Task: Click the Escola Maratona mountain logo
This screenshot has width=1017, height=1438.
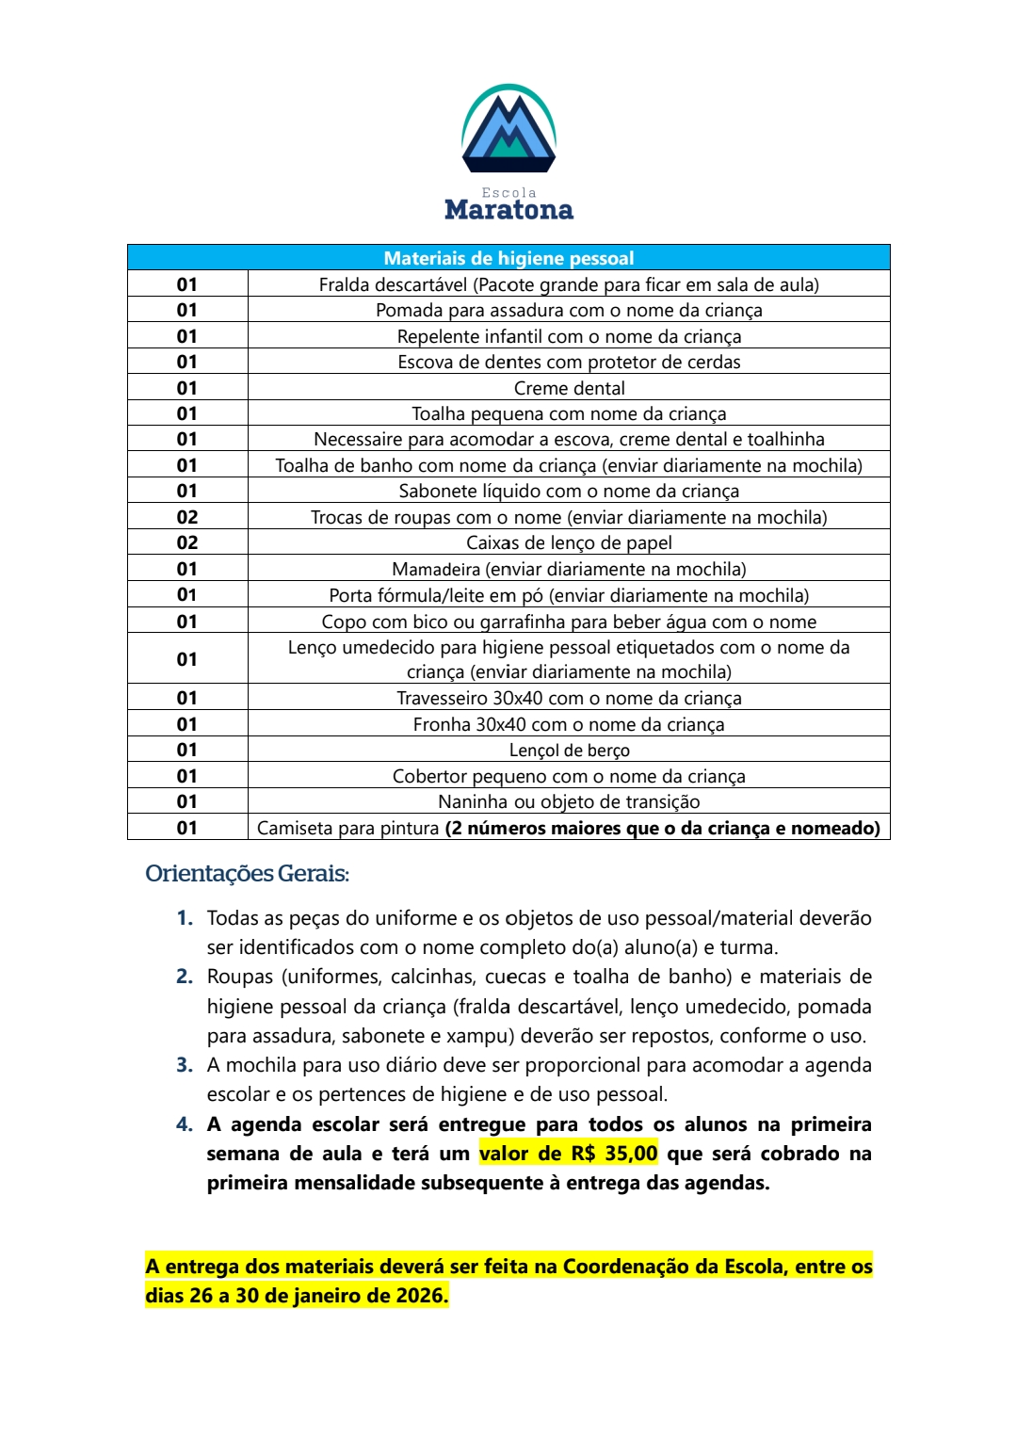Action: [x=508, y=129]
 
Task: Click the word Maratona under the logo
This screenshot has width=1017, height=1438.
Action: [x=508, y=209]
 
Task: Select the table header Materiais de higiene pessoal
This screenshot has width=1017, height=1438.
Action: [x=508, y=258]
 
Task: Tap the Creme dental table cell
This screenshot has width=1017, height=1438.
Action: [x=569, y=388]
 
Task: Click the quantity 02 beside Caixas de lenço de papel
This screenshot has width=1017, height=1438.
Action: [x=187, y=542]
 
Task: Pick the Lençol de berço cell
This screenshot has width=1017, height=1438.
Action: [x=569, y=751]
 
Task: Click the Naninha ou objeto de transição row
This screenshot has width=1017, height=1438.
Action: [x=569, y=801]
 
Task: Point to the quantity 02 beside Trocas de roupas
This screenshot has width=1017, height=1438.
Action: [x=187, y=517]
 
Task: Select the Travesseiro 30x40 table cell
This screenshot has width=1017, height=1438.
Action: [x=569, y=698]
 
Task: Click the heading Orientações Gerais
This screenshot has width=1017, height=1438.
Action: [x=247, y=874]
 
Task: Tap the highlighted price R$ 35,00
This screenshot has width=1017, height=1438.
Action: [x=614, y=1154]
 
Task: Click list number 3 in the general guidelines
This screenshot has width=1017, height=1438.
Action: [x=185, y=1065]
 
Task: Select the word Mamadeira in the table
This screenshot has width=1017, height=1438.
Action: [x=436, y=569]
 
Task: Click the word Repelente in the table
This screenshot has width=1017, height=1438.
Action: [x=438, y=336]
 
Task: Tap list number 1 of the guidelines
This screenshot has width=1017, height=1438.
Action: [x=185, y=918]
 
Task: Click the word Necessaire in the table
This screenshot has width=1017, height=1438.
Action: [x=358, y=439]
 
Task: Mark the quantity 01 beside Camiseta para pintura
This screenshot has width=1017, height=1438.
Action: [x=187, y=828]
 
